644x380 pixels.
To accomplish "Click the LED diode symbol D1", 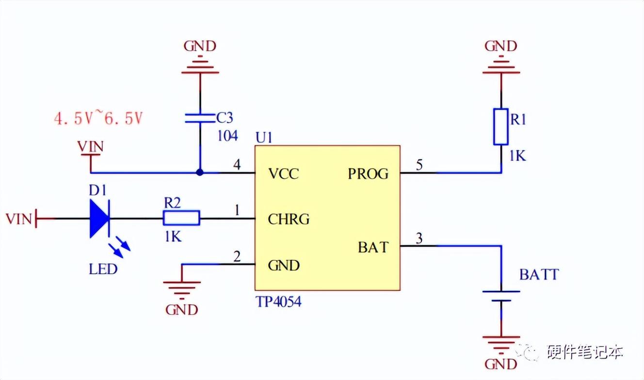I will (100, 219).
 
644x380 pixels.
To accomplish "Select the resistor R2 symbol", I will (181, 219).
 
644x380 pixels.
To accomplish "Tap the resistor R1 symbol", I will (501, 127).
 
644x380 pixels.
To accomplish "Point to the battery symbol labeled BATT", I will (501, 296).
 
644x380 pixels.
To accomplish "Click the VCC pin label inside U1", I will (284, 174).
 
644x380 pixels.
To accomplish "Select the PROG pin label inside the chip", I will (368, 174).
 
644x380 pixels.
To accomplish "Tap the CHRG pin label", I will (289, 219).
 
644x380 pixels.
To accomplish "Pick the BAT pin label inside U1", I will (373, 247).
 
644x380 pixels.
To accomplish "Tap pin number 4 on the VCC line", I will (237, 165).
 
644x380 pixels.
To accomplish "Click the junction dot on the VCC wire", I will (200, 173).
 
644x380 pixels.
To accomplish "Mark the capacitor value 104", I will (227, 136).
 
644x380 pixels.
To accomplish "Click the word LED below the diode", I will (103, 269).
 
